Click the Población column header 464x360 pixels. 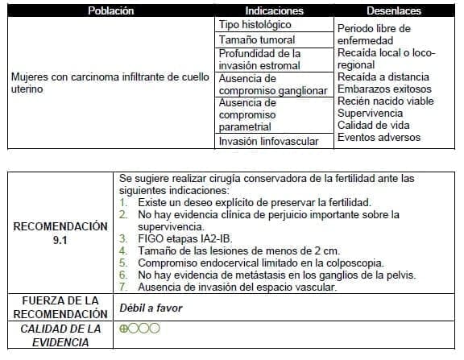tap(110, 11)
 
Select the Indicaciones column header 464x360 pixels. tap(274, 11)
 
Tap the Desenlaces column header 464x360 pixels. tap(394, 11)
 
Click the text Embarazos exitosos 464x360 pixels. tap(384, 89)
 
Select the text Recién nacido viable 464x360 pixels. tap(385, 101)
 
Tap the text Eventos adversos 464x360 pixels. tap(379, 138)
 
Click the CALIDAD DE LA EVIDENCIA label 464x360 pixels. tap(60, 335)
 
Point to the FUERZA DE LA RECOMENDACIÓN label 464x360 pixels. tap(60, 307)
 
